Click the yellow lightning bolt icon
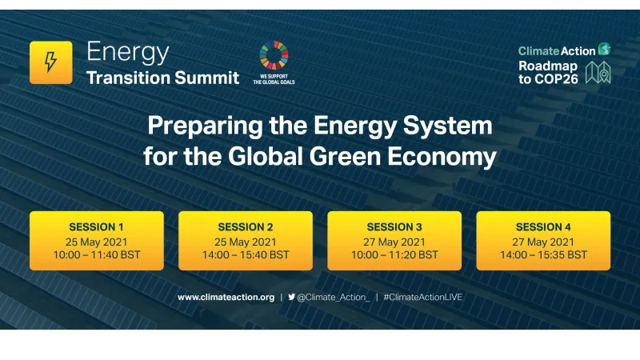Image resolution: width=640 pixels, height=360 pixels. (x=51, y=62)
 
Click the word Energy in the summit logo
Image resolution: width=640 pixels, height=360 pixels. (x=128, y=52)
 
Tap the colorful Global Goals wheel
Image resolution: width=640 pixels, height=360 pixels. (x=274, y=55)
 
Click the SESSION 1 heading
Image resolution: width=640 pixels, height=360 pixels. (x=96, y=226)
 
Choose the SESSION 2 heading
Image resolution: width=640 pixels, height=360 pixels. (x=246, y=226)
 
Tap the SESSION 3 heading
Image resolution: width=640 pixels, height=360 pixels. (x=394, y=226)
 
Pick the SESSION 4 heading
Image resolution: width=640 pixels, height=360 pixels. (x=543, y=226)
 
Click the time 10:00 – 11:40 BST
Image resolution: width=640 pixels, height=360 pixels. (x=96, y=255)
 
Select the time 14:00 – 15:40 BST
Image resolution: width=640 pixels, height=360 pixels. (x=246, y=255)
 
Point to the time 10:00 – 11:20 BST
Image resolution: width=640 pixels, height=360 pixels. (x=394, y=255)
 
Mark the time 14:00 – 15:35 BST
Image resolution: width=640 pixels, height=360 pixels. (x=543, y=255)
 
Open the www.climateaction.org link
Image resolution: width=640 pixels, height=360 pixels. (x=226, y=297)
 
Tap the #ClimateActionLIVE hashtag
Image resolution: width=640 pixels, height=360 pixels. (x=423, y=297)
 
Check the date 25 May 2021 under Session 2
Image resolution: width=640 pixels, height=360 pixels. (x=246, y=241)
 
